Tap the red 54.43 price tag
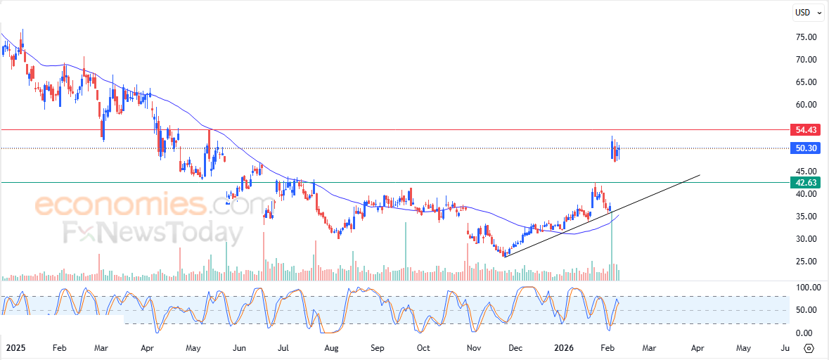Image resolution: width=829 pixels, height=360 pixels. coord(805,130)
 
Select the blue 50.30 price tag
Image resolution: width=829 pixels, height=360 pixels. coord(805,148)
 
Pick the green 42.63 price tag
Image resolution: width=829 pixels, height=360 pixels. coord(805,183)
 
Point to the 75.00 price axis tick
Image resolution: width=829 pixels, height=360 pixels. coord(805,37)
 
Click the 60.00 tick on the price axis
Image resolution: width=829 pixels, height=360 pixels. coord(805,105)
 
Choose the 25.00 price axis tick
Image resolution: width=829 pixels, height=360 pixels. coord(805,262)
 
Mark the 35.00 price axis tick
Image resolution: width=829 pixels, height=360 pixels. coord(805,217)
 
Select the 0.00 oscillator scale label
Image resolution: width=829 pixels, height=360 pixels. coord(805,333)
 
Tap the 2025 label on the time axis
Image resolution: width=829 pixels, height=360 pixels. coord(15,348)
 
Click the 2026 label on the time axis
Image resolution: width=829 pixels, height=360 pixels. coord(565,348)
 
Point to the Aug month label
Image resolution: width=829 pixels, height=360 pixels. coord(331,348)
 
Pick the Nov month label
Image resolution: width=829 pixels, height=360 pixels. coord(474,348)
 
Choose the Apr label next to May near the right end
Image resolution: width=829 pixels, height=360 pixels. coord(698,348)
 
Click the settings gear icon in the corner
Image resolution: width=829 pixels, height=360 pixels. coord(809,348)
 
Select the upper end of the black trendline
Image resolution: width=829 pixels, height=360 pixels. coord(700,174)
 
